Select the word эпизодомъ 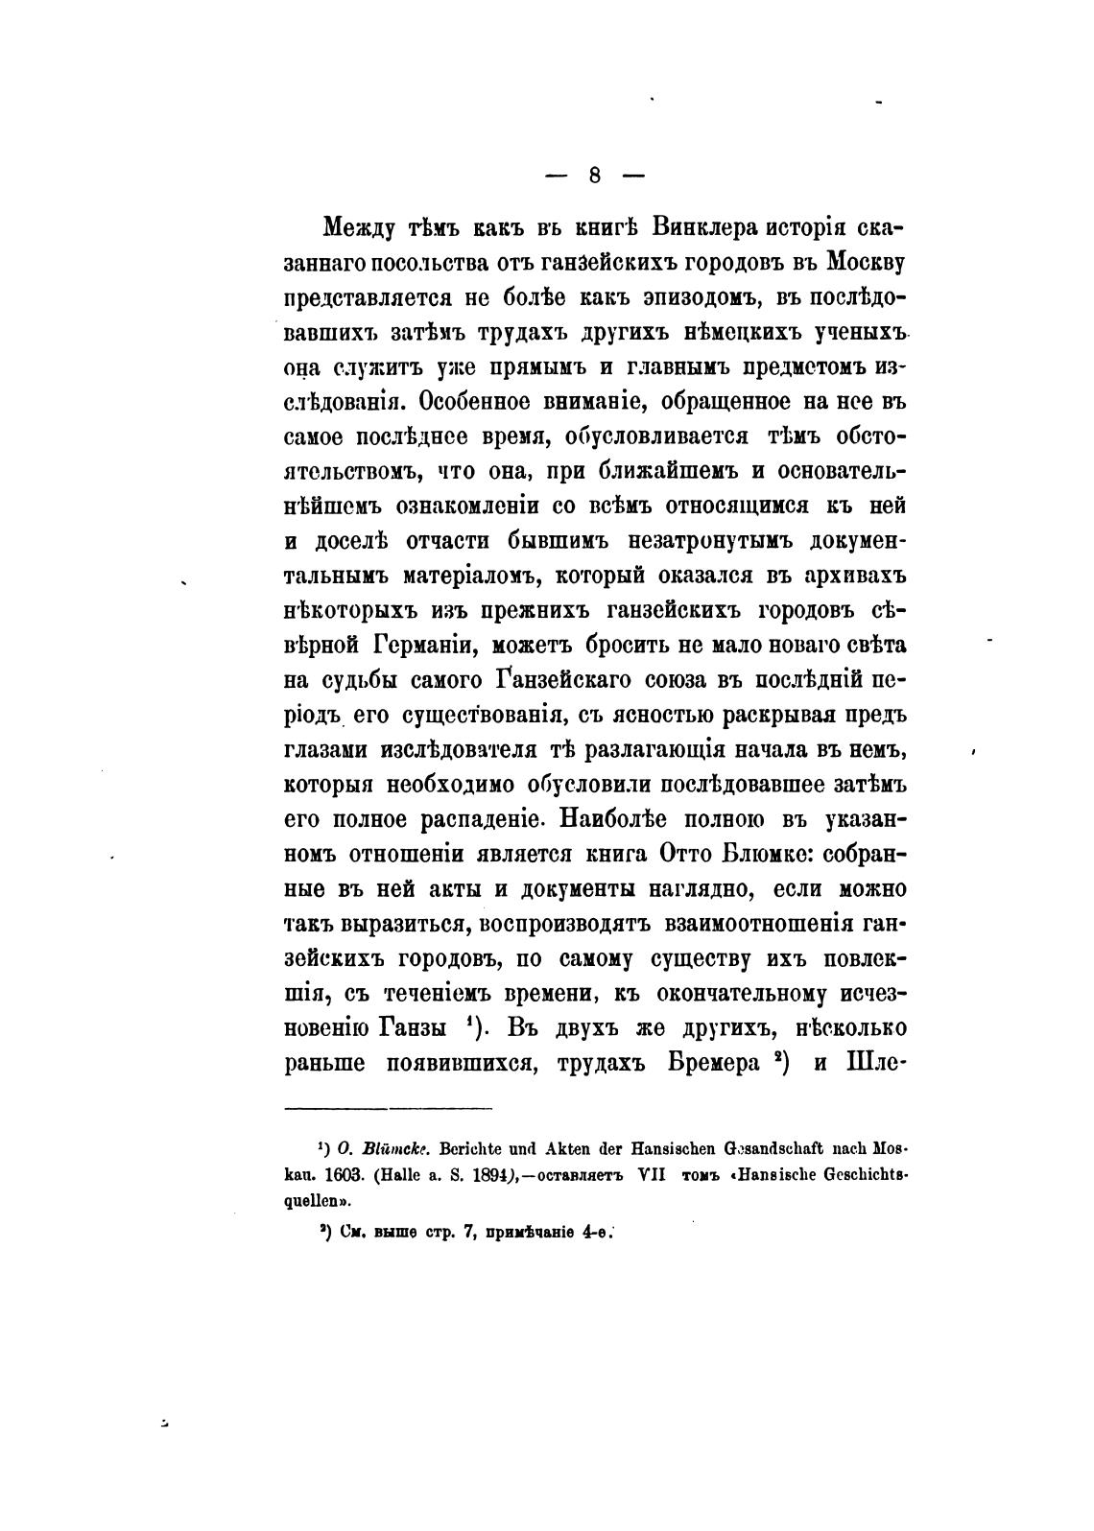coord(683,296)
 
